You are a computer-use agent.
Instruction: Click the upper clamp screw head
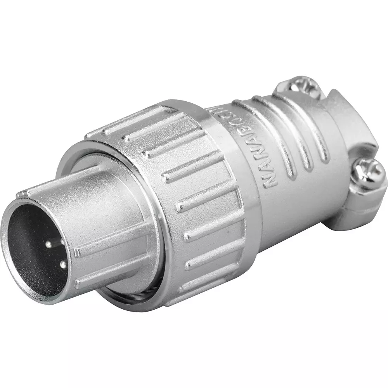tap(305, 86)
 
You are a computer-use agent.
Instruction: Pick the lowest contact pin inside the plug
tap(62, 265)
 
